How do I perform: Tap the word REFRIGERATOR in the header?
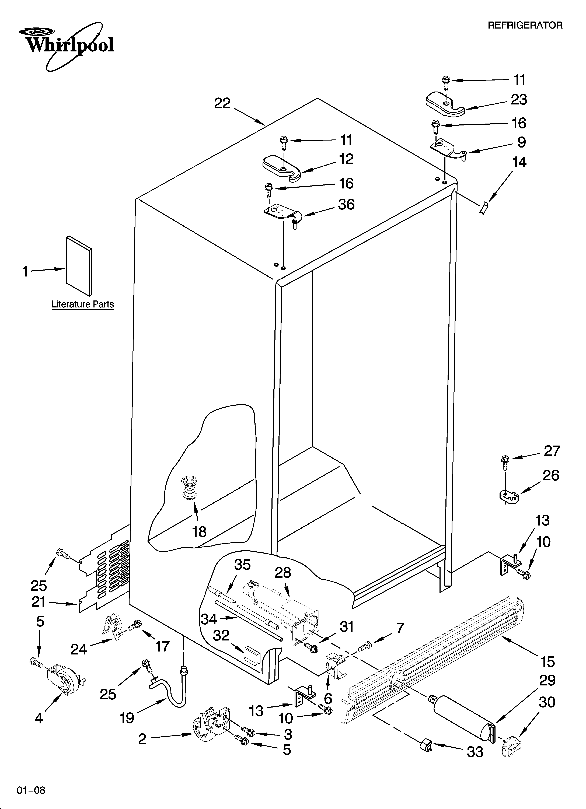pyautogui.click(x=525, y=25)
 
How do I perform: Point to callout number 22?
pyautogui.click(x=222, y=103)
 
